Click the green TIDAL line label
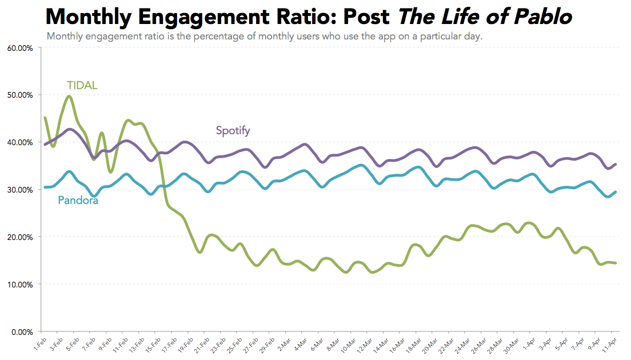[82, 86]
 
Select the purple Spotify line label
[233, 131]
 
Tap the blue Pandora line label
[78, 201]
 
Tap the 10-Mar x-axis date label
[346, 344]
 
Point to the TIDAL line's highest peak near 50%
[69, 96]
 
